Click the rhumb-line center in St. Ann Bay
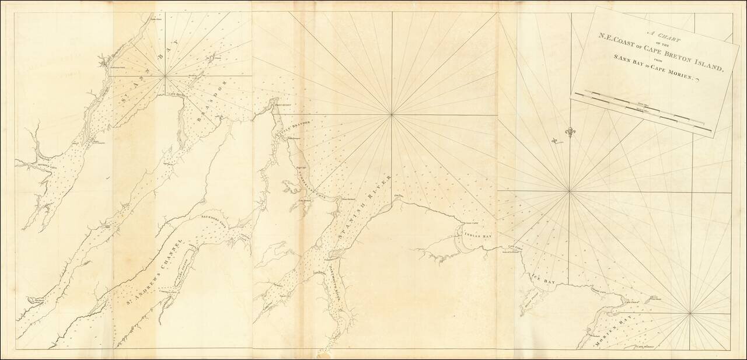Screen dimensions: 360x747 click(x=166, y=76)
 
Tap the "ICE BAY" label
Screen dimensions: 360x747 click(x=542, y=278)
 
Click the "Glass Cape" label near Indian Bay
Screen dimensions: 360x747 click(x=471, y=222)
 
